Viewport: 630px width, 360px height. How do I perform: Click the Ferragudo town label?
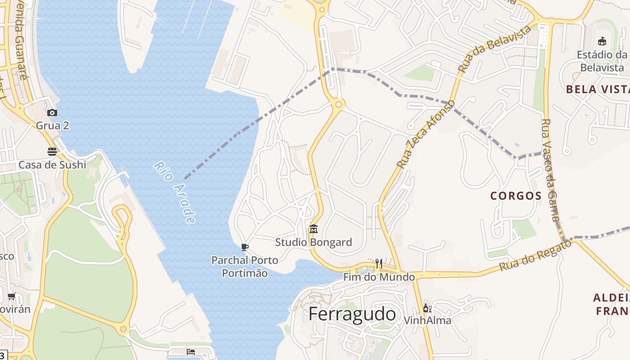click(x=352, y=314)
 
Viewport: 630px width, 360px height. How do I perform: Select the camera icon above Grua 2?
click(x=52, y=112)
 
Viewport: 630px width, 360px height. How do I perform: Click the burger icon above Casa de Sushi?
click(x=52, y=151)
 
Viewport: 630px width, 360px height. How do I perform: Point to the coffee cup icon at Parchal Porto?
click(x=245, y=247)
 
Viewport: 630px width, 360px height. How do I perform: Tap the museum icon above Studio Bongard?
click(x=314, y=229)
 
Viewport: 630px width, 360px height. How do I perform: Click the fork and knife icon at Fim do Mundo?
click(x=379, y=264)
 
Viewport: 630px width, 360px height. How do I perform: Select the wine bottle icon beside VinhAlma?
click(x=427, y=308)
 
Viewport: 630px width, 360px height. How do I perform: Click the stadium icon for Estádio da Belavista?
click(x=602, y=41)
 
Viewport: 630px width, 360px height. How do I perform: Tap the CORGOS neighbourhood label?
click(x=516, y=196)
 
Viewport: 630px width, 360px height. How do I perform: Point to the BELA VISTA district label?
click(x=598, y=89)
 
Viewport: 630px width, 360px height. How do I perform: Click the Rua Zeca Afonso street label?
click(x=426, y=135)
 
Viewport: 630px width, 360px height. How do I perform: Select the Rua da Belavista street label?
click(x=494, y=49)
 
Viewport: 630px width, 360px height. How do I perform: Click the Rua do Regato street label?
click(x=535, y=256)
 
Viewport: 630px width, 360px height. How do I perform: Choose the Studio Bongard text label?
click(x=314, y=242)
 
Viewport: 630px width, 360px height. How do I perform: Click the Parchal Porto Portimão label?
click(x=245, y=266)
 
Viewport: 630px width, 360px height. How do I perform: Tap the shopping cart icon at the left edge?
click(x=12, y=296)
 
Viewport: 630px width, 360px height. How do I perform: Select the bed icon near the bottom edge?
click(x=191, y=351)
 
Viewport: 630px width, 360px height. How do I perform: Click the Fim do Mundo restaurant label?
click(x=379, y=277)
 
